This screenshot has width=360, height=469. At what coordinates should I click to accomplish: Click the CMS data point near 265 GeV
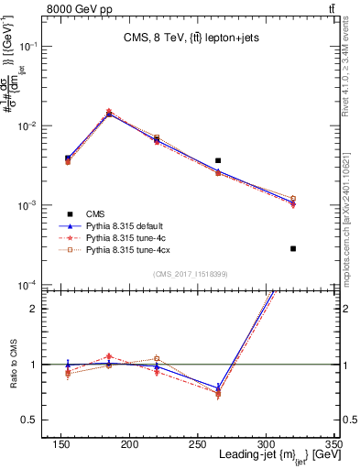coord(218,160)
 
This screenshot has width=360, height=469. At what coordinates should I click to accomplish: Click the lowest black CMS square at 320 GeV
coord(293,248)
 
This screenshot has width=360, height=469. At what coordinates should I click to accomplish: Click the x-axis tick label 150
coord(61,444)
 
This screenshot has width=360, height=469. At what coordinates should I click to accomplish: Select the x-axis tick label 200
coord(129,444)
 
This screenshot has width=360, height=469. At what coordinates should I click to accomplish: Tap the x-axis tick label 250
coord(197,444)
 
